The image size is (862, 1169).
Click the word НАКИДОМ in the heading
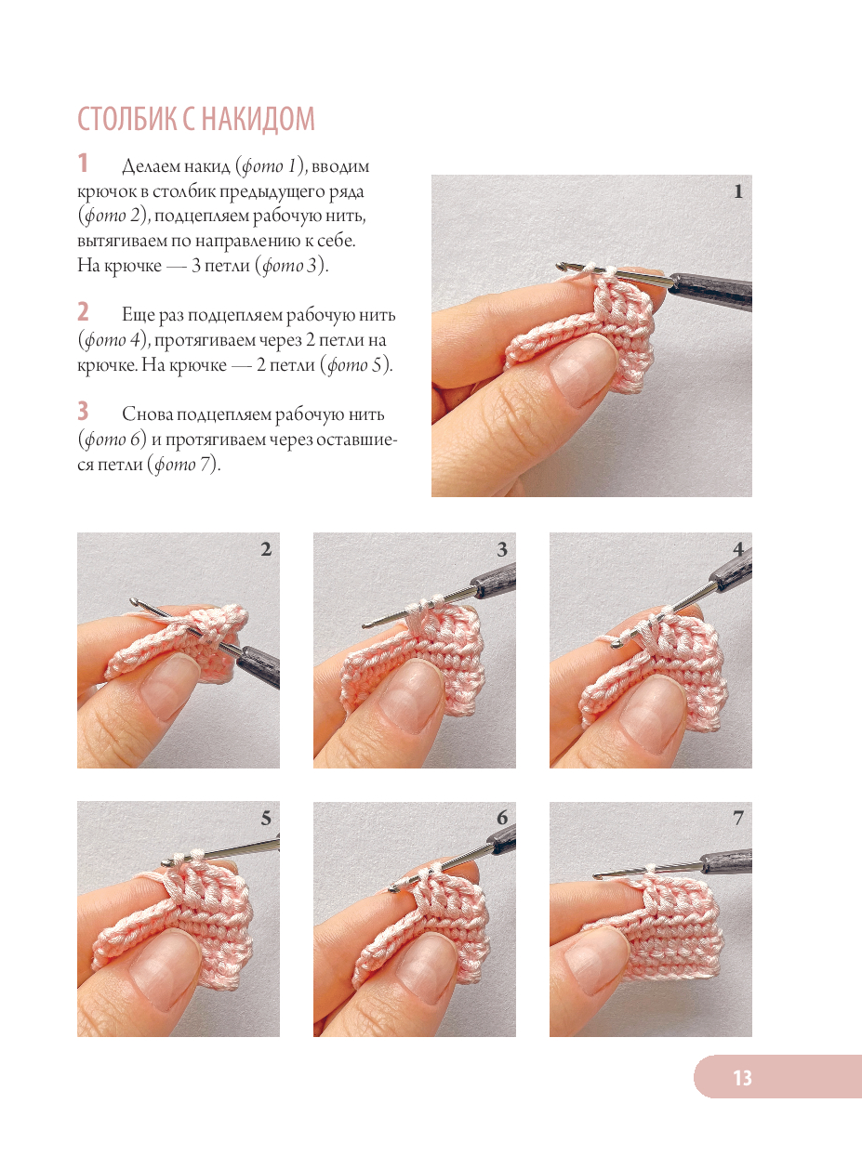258,119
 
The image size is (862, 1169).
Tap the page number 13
742,1078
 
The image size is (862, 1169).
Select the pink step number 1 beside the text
83,163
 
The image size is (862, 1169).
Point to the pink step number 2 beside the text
83,312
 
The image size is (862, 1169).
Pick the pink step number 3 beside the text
83,412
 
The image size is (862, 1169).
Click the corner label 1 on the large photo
738,191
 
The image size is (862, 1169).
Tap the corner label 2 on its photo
266,549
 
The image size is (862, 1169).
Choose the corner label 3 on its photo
502,549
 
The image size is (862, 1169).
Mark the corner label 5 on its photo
266,818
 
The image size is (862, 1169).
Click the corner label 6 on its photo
502,818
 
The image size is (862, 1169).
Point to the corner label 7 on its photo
738,818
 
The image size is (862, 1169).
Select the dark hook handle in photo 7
726,861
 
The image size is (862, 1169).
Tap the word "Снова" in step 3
148,414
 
